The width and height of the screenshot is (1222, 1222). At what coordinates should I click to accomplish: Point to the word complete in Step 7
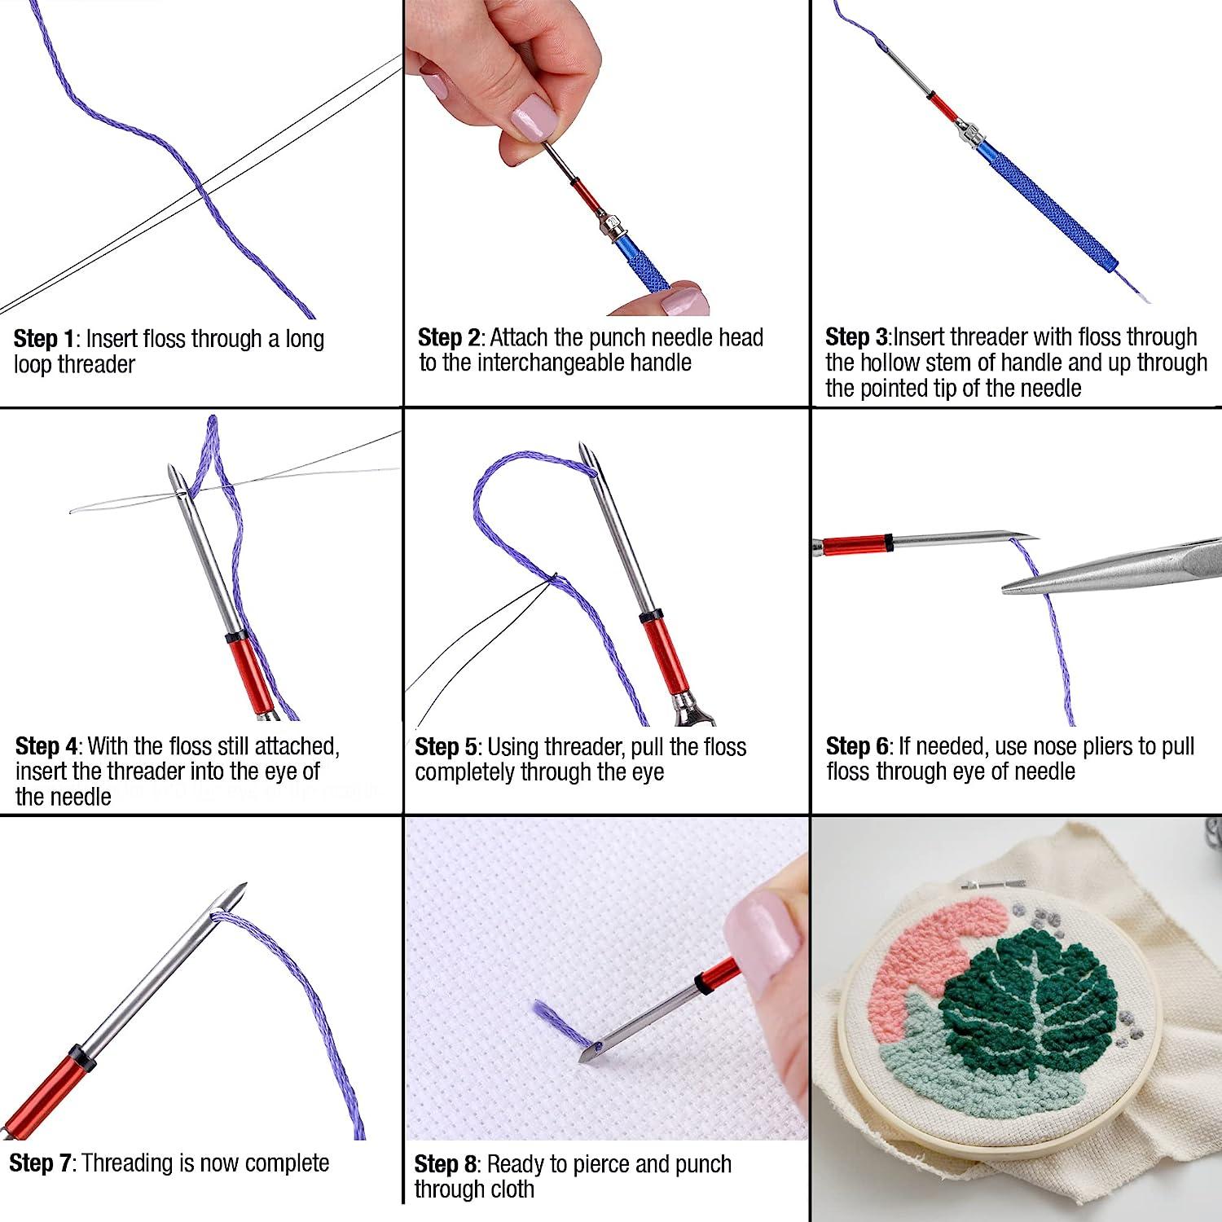coord(282,1163)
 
